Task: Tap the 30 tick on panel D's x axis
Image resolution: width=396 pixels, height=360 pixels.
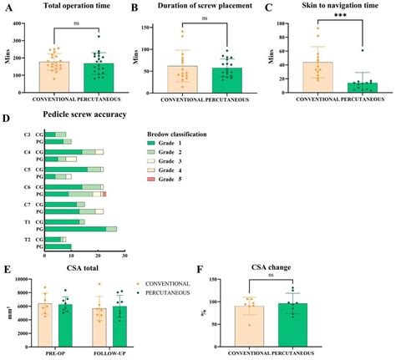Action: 124,256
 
